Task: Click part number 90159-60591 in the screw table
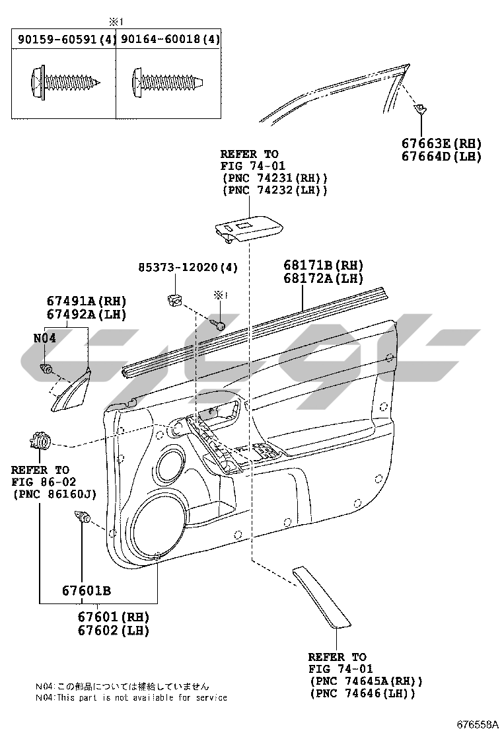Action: tap(60, 40)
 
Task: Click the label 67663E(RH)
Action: tap(441, 143)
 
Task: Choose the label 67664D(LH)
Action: tap(441, 157)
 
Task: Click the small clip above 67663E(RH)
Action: tap(419, 108)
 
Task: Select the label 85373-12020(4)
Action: tap(188, 267)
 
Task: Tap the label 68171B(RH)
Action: tap(324, 265)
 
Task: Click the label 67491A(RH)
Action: tap(86, 301)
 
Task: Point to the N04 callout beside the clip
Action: tap(44, 337)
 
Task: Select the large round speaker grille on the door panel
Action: tap(159, 522)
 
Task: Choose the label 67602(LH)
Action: tap(114, 630)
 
